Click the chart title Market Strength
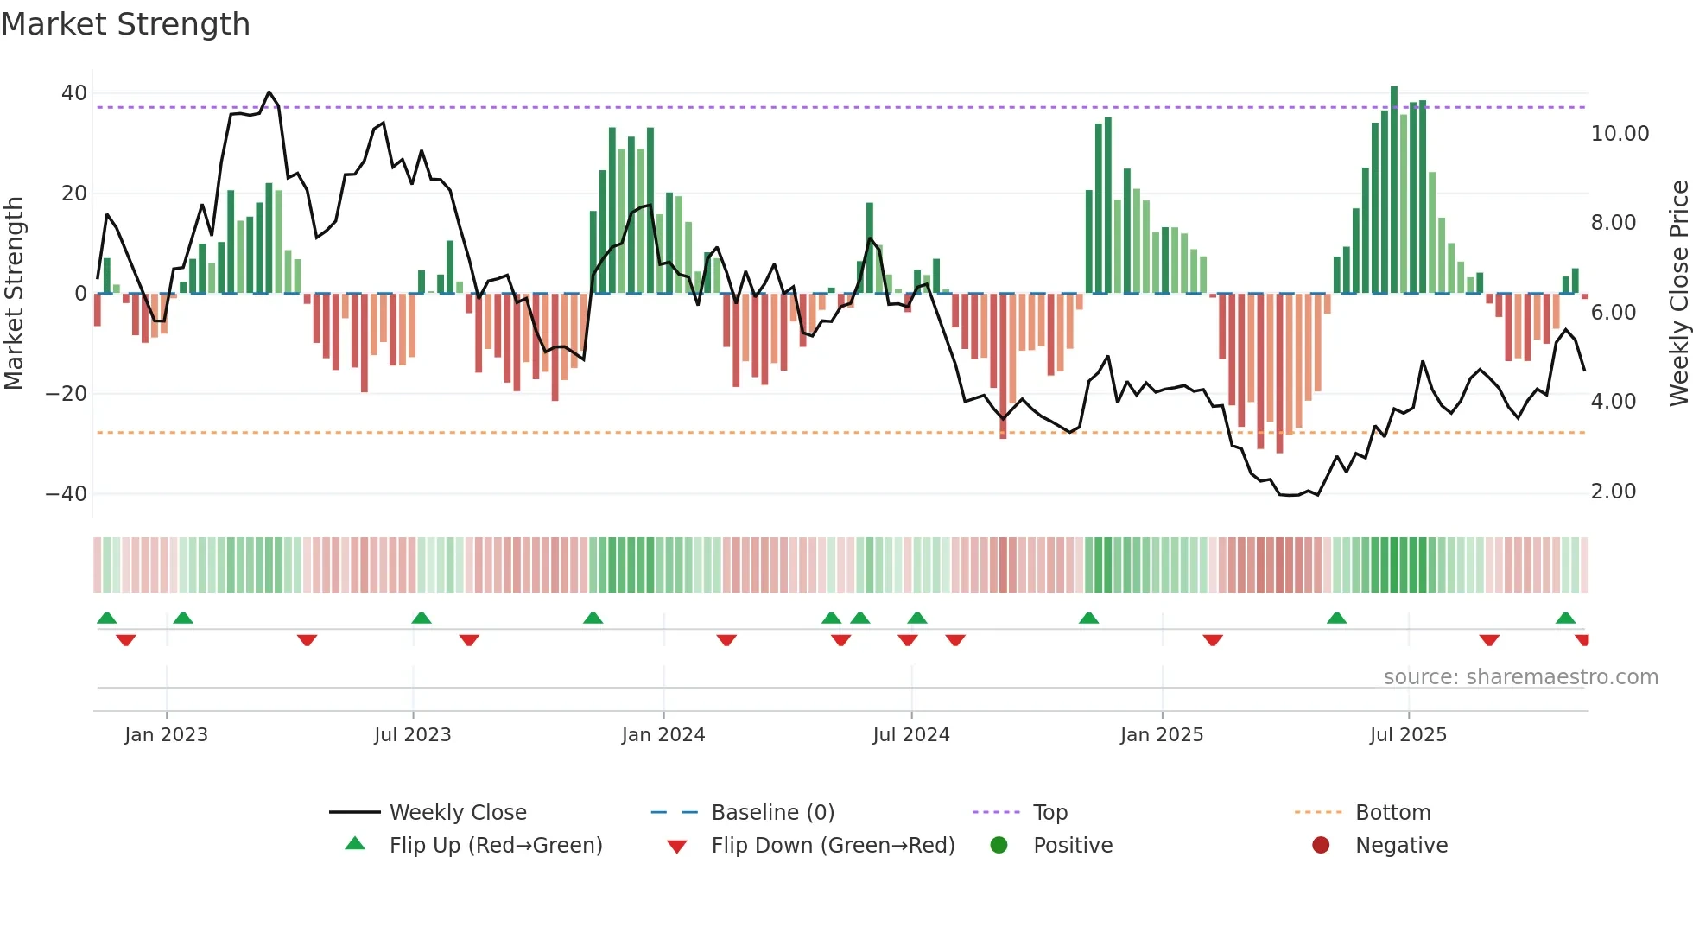pyautogui.click(x=125, y=24)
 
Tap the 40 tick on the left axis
pyautogui.click(x=74, y=93)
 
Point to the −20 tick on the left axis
pyautogui.click(x=67, y=394)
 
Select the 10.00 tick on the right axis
pyautogui.click(x=1620, y=134)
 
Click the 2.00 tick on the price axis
pyautogui.click(x=1613, y=492)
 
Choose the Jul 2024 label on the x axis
pyautogui.click(x=910, y=735)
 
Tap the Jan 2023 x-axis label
pyautogui.click(x=166, y=735)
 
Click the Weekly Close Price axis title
pyautogui.click(x=1678, y=294)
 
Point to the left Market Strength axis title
pyautogui.click(x=15, y=294)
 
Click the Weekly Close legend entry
pyautogui.click(x=457, y=813)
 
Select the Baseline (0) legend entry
pyautogui.click(x=772, y=813)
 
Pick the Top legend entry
pyautogui.click(x=1049, y=813)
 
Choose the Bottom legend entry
pyautogui.click(x=1392, y=813)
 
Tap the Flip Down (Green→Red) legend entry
pyautogui.click(x=832, y=846)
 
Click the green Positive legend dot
pyautogui.click(x=999, y=846)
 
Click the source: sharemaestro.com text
pyautogui.click(x=1520, y=677)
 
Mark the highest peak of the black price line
pyautogui.click(x=269, y=92)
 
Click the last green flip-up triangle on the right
pyautogui.click(x=1565, y=619)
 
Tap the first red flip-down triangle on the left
pyautogui.click(x=126, y=640)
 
